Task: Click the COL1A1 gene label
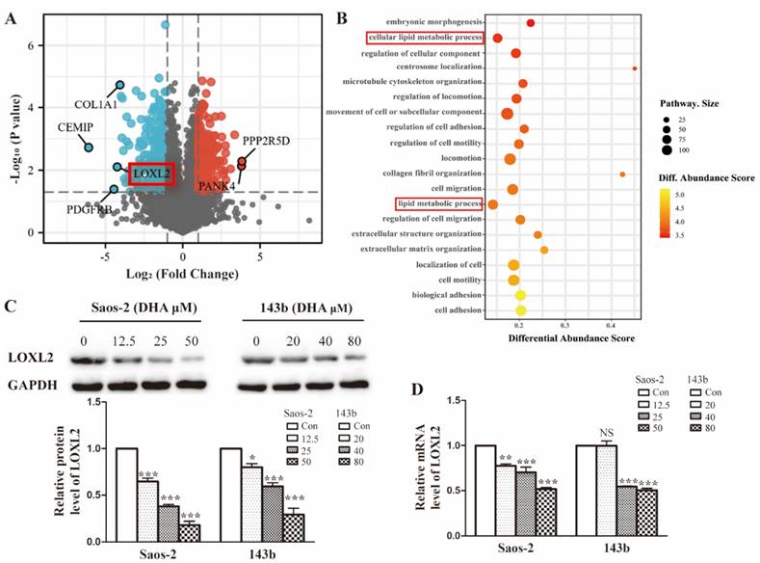point(94,104)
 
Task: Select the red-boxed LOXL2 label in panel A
point(151,174)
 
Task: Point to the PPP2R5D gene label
point(266,140)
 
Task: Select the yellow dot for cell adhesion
point(521,310)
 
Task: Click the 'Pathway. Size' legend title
point(689,102)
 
